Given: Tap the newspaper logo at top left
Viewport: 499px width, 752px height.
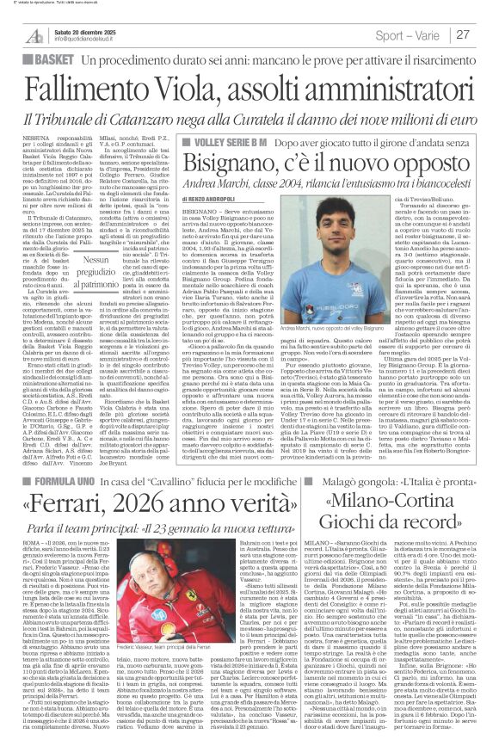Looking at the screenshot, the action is click(34, 34).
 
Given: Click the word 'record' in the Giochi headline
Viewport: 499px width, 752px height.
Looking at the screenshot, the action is click(421, 544).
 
